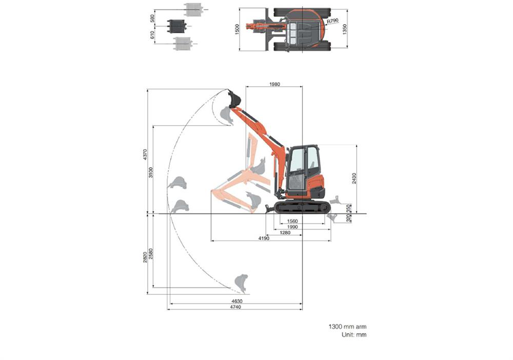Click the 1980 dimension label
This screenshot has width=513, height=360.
(274, 84)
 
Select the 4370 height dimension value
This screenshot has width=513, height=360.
(145, 155)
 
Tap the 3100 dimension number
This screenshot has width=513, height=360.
(150, 172)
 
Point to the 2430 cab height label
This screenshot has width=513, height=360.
(354, 178)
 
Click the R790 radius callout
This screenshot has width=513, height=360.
(332, 21)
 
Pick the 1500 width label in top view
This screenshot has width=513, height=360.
(237, 29)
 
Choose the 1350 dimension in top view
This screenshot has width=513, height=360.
(345, 29)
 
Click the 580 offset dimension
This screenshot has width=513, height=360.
(152, 18)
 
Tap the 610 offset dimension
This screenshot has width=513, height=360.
(152, 35)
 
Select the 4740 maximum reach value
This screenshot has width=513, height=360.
(235, 307)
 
